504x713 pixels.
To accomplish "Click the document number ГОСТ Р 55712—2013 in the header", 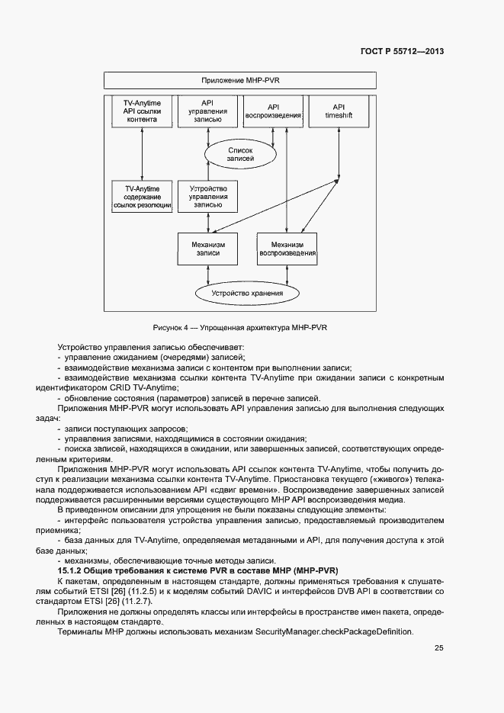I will pyautogui.click(x=401, y=52).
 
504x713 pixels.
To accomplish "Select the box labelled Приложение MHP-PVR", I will pyautogui.click(x=240, y=80).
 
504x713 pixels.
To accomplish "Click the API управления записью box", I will pyautogui.click(x=207, y=111).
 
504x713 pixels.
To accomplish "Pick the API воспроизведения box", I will pyautogui.click(x=272, y=111).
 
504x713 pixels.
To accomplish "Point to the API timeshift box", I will pyautogui.click(x=339, y=111).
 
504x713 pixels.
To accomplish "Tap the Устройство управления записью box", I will pyautogui.click(x=207, y=196).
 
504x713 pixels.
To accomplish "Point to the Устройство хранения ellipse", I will pyautogui.click(x=247, y=294).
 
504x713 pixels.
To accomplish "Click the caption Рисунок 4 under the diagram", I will pyautogui.click(x=171, y=327).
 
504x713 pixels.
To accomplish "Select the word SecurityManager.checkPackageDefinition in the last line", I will pyautogui.click(x=335, y=631).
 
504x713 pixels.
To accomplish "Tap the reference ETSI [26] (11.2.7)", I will pyautogui.click(x=117, y=601).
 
